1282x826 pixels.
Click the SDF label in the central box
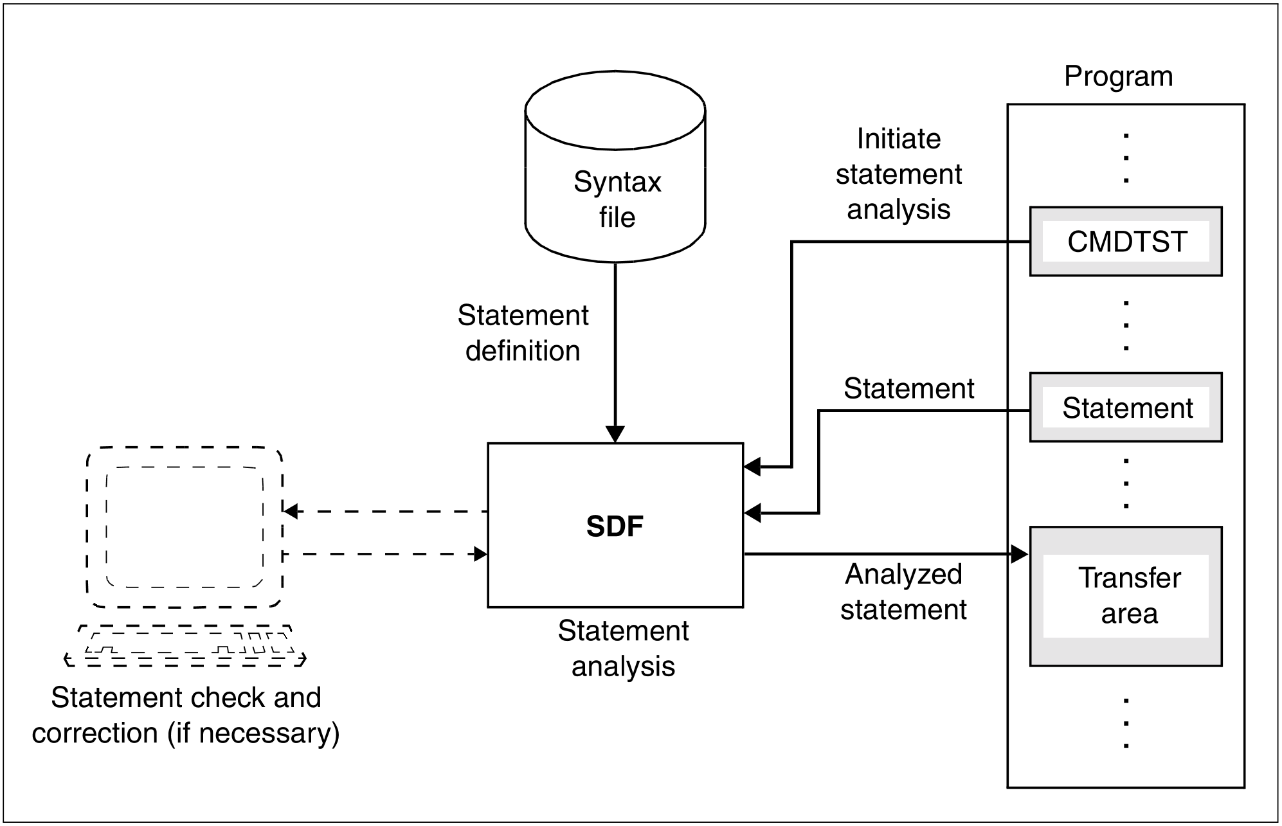(615, 526)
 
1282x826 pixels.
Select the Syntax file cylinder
(615, 167)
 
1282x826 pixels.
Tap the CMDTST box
(1126, 242)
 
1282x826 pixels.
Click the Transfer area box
(1126, 596)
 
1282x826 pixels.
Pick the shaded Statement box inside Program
(1126, 408)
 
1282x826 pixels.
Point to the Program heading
(1118, 76)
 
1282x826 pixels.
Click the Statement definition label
(523, 333)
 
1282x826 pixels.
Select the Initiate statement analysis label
(898, 174)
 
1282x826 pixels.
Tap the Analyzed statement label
(903, 592)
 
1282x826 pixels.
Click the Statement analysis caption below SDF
(623, 649)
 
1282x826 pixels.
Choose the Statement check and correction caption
(186, 715)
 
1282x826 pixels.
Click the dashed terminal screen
(185, 527)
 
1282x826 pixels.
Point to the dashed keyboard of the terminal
(185, 646)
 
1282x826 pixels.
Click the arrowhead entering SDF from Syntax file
(615, 435)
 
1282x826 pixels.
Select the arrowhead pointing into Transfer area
(1020, 553)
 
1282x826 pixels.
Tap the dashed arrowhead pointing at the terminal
(291, 512)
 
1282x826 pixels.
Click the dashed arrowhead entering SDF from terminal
(480, 553)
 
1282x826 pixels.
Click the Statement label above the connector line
(908, 388)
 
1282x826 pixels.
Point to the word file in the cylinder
(617, 217)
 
